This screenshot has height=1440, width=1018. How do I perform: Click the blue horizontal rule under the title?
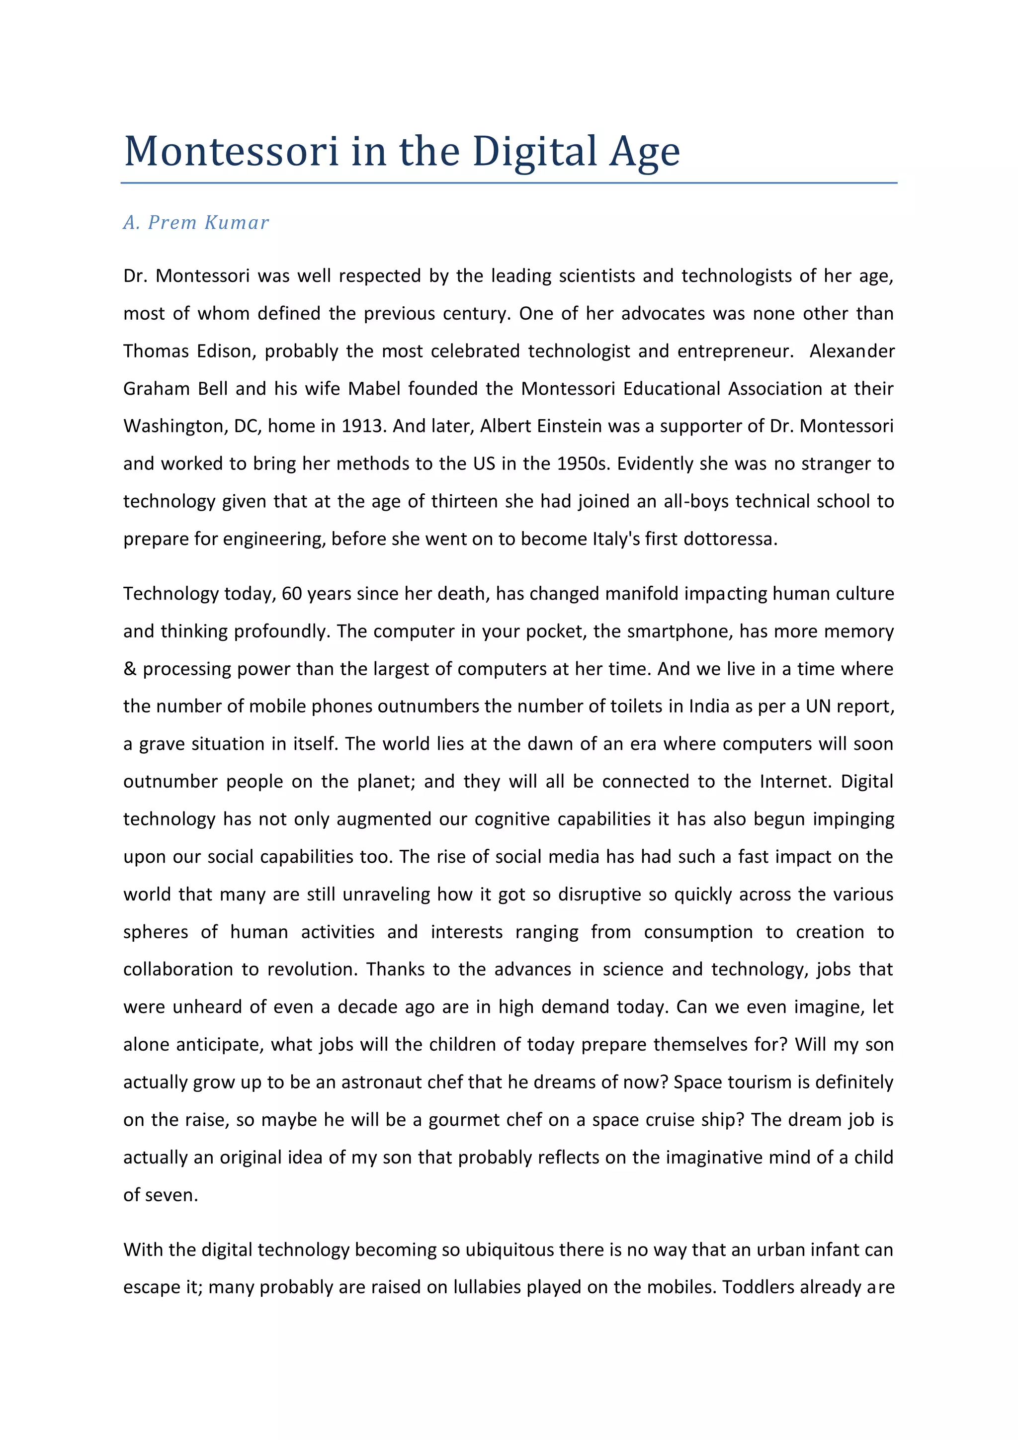point(509,183)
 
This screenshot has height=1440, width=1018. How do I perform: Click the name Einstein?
point(557,427)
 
